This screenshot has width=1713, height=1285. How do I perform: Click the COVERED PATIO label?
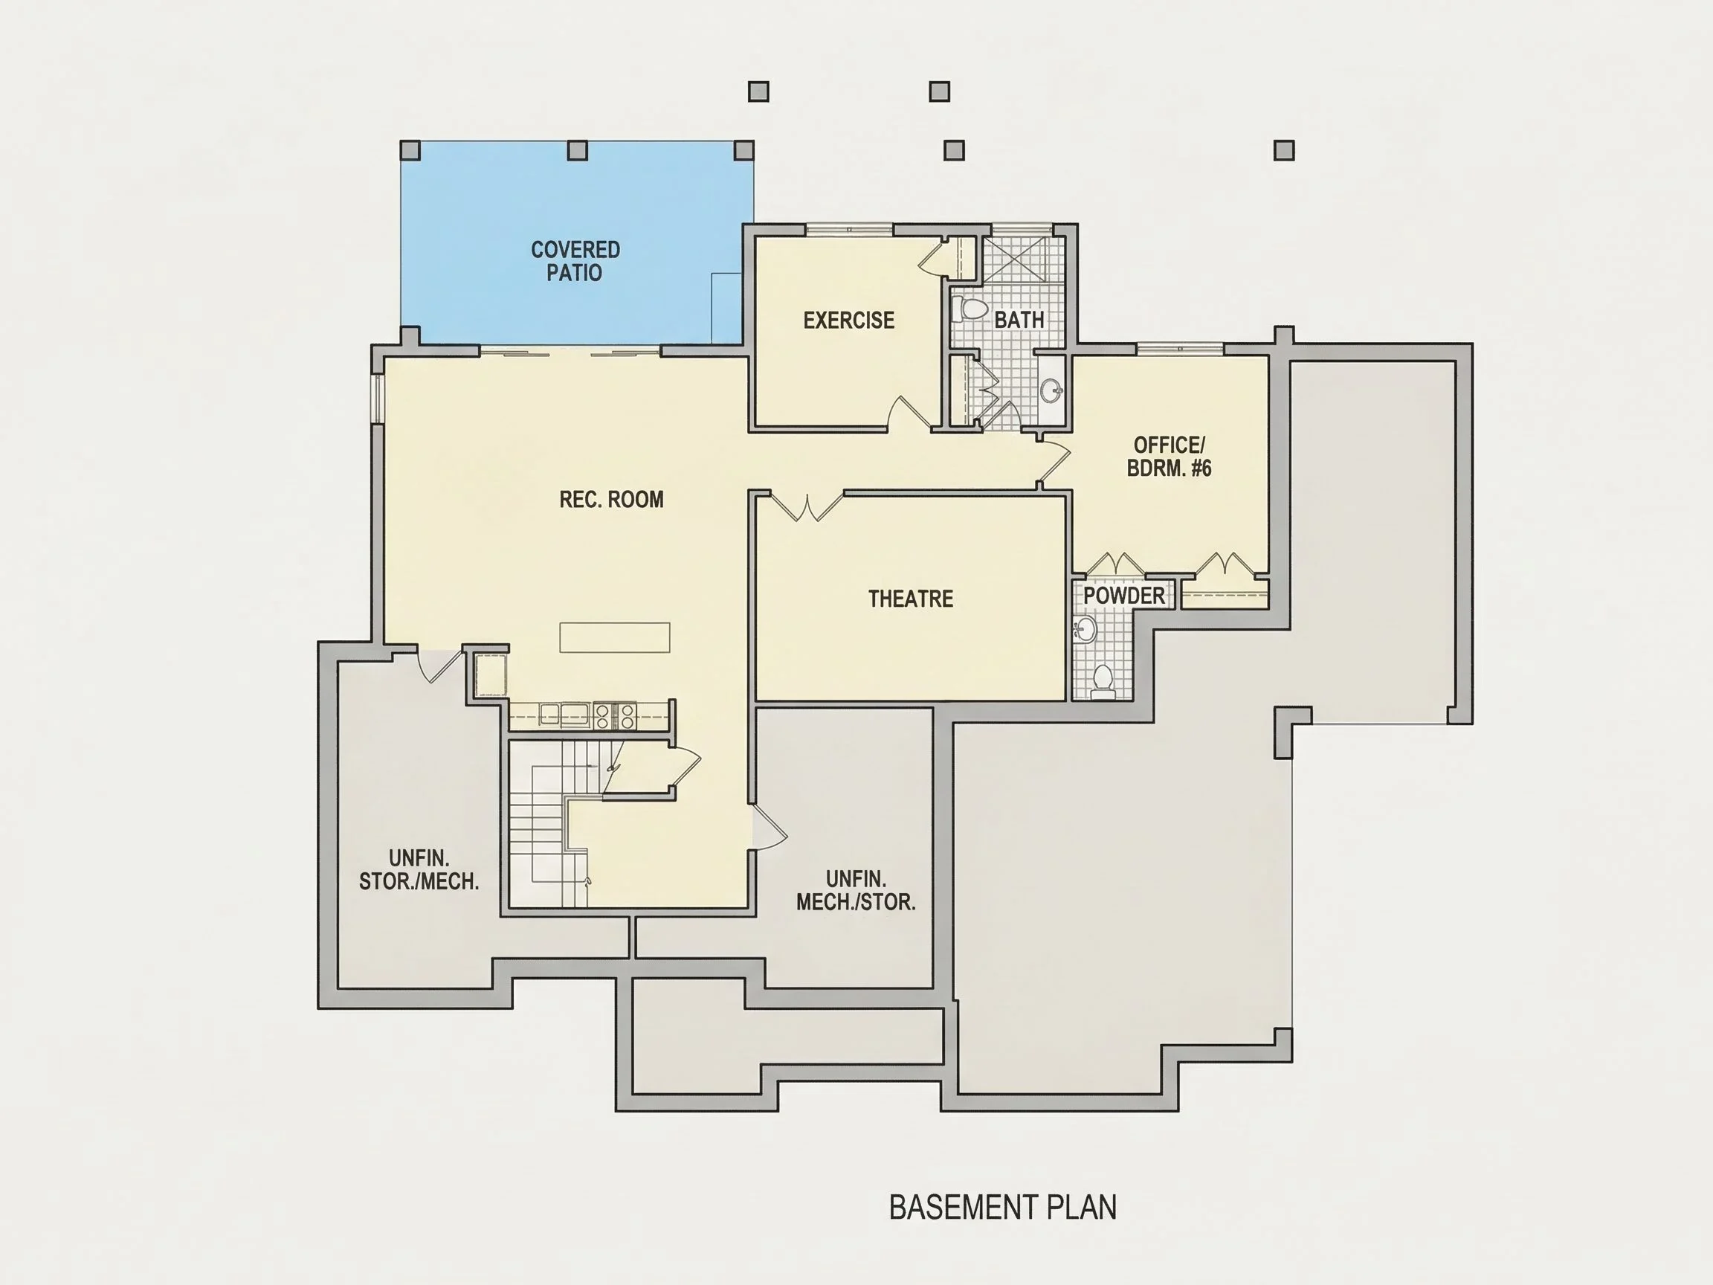click(575, 261)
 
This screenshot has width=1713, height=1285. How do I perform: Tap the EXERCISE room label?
click(849, 320)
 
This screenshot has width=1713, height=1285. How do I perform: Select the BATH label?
click(1019, 319)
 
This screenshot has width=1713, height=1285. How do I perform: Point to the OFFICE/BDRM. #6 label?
click(1169, 456)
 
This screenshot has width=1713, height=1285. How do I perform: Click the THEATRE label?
click(911, 598)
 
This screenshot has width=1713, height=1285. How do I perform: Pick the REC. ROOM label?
click(612, 500)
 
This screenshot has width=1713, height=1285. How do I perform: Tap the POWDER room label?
click(1123, 596)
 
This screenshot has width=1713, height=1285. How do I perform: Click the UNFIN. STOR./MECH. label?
click(419, 870)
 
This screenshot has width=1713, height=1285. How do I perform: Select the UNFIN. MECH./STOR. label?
click(856, 891)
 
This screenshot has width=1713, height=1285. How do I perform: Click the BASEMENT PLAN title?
click(1003, 1208)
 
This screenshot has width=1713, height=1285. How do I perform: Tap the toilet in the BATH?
click(968, 309)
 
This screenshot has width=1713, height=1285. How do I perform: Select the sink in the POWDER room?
click(1085, 630)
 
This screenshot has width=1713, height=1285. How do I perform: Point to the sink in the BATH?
click(1051, 390)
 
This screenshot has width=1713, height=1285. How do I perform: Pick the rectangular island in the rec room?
click(615, 637)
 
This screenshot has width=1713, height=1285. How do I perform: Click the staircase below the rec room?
click(555, 823)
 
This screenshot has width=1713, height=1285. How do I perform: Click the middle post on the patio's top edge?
click(577, 150)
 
